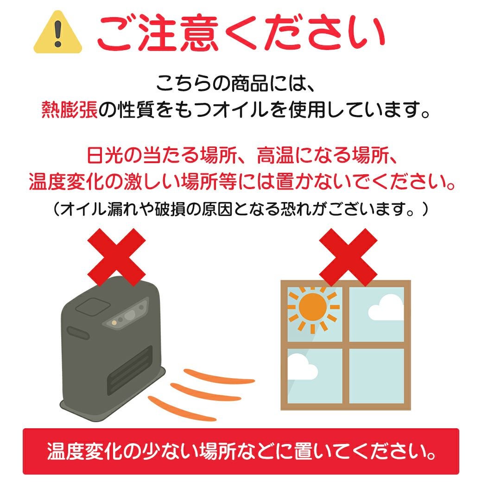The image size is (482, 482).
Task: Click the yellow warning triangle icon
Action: coord(58,33)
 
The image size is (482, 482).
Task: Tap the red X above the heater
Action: coord(116,257)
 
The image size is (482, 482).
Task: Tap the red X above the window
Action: coord(348,257)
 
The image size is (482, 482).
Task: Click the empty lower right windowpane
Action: coord(376,376)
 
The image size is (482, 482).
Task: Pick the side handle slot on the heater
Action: coord(78,333)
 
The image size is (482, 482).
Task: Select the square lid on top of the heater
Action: coord(93,307)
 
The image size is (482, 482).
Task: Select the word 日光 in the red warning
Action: coord(105,155)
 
